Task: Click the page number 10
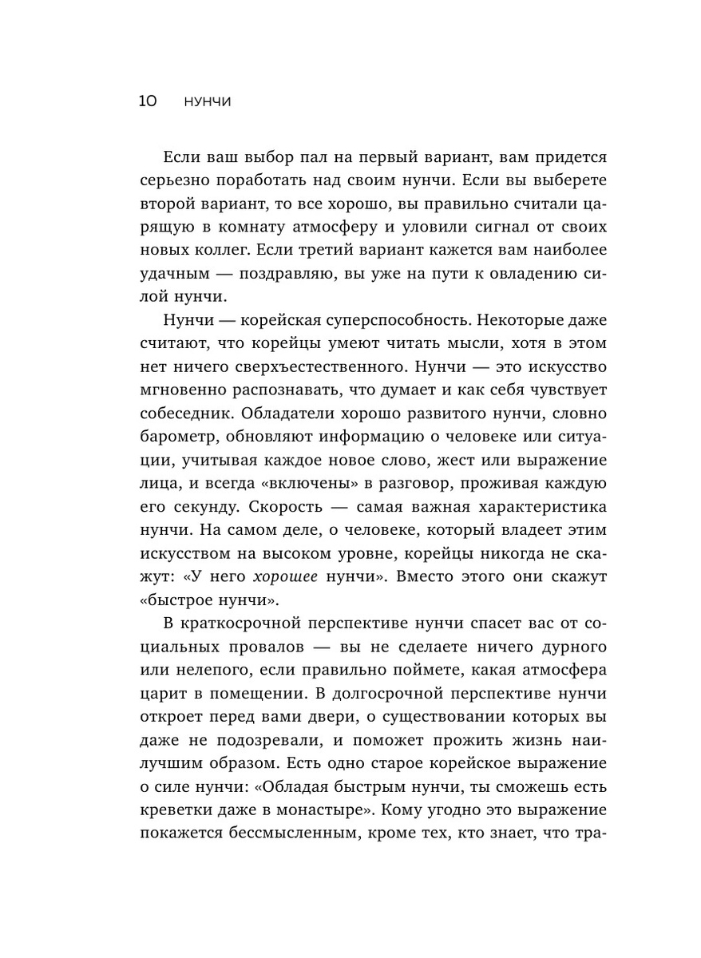coord(149,101)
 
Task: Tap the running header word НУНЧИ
coord(207,102)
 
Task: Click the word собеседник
coord(186,415)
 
